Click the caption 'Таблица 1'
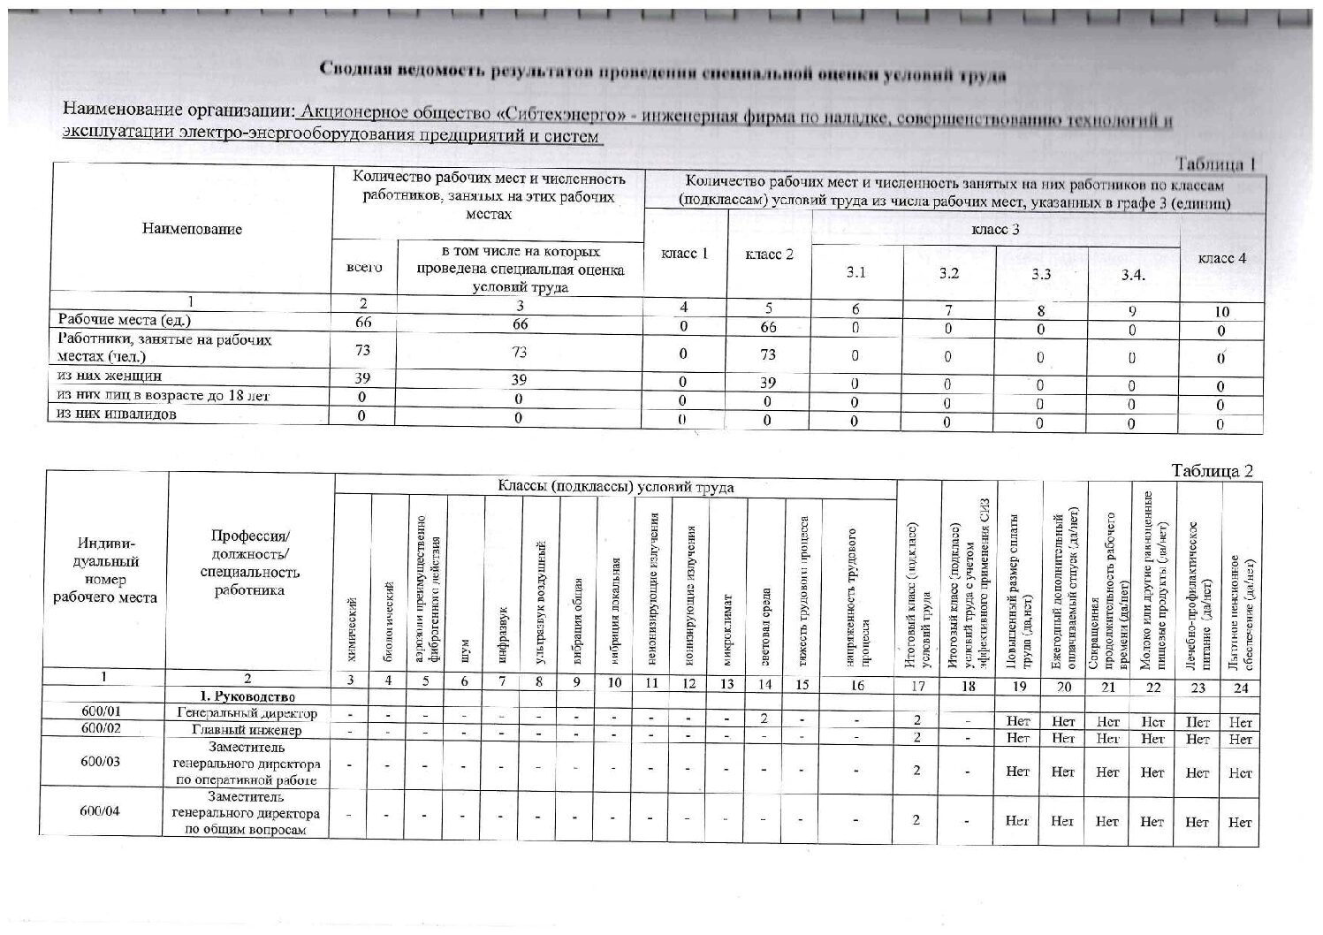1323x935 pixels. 1215,164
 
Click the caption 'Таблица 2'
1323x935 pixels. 1212,471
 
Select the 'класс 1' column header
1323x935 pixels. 685,255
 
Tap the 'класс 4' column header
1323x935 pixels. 1221,258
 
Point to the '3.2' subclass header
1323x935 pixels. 948,273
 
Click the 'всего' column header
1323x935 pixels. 365,267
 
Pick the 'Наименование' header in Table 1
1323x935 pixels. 192,229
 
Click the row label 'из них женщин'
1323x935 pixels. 110,376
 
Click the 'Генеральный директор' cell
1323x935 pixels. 247,712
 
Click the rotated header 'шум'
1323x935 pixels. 466,650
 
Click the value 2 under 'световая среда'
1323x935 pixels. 764,718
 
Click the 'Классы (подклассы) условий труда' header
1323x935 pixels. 615,487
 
